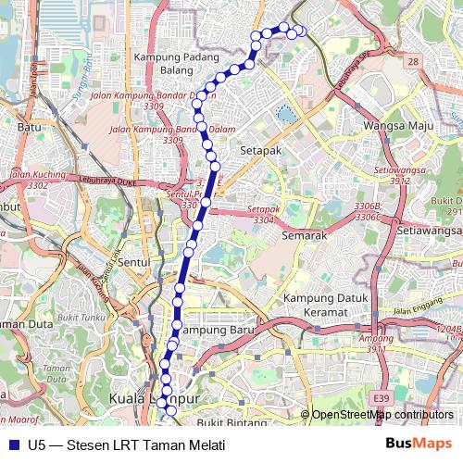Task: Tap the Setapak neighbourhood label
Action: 260,148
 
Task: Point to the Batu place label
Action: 31,127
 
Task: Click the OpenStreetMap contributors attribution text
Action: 382,415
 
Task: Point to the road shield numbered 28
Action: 412,61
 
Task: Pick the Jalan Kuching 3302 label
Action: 38,179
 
